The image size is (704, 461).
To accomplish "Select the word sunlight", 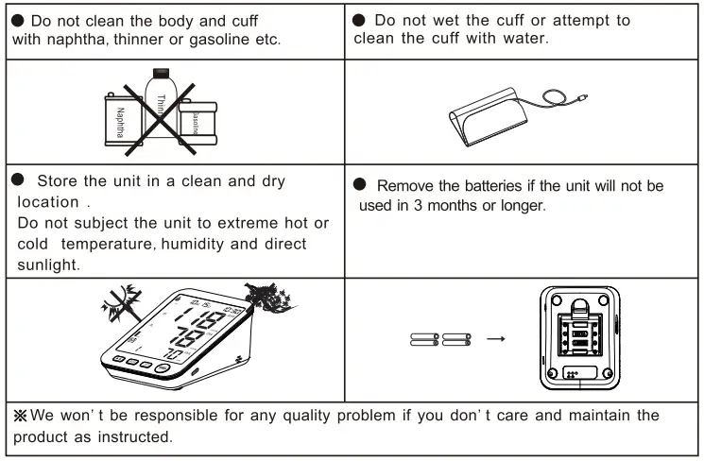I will [44, 265].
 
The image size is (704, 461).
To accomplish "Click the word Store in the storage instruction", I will [57, 181].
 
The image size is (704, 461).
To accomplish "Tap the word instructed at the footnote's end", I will [141, 437].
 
